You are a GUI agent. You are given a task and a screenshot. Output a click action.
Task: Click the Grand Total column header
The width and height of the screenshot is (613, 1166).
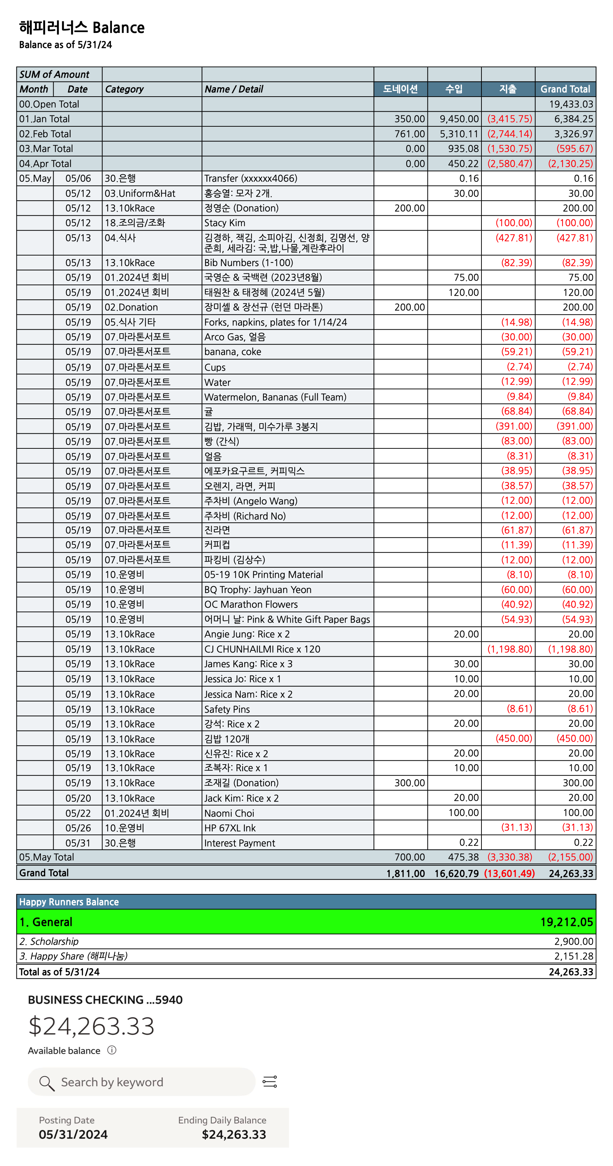(x=565, y=89)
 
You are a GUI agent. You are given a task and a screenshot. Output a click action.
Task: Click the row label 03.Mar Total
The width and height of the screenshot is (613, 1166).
(x=46, y=148)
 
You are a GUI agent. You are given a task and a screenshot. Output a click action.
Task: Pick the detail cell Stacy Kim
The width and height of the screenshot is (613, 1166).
(x=225, y=223)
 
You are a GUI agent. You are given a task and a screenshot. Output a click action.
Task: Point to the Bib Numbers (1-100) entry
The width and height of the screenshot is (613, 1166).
(x=248, y=263)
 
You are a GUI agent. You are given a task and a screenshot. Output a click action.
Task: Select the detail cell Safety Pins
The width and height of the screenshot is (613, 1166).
(x=227, y=709)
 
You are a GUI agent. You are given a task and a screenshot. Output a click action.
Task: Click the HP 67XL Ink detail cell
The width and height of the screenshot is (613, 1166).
(x=230, y=828)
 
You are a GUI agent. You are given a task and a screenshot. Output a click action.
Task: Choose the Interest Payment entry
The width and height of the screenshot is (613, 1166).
(x=240, y=843)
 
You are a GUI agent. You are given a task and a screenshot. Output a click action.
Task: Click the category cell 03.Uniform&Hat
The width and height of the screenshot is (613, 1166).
(x=140, y=193)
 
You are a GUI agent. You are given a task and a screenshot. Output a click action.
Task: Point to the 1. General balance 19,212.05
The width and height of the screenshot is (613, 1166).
(x=566, y=922)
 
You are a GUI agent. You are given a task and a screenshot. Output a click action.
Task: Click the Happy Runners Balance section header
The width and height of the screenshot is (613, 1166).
(x=69, y=902)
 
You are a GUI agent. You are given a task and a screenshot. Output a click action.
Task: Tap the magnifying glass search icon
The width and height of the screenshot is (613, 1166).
(x=47, y=1083)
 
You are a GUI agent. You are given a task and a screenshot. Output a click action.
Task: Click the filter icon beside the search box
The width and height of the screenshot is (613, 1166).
(x=270, y=1082)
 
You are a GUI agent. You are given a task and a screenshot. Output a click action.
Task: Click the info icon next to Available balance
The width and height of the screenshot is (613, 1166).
(x=112, y=1050)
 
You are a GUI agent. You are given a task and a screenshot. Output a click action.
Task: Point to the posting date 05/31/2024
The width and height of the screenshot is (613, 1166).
(x=73, y=1134)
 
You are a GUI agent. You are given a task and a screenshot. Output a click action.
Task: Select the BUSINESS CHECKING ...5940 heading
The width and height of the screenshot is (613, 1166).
(x=105, y=1000)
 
